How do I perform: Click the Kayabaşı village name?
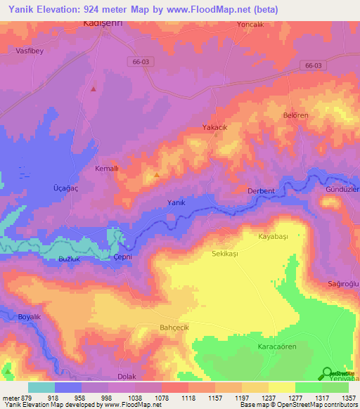tap(274, 238)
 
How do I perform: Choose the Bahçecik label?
tap(175, 327)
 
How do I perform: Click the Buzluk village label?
tap(70, 259)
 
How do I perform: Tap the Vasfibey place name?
tap(30, 51)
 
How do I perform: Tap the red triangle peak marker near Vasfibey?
tap(94, 89)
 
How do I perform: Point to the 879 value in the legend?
tap(25, 398)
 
